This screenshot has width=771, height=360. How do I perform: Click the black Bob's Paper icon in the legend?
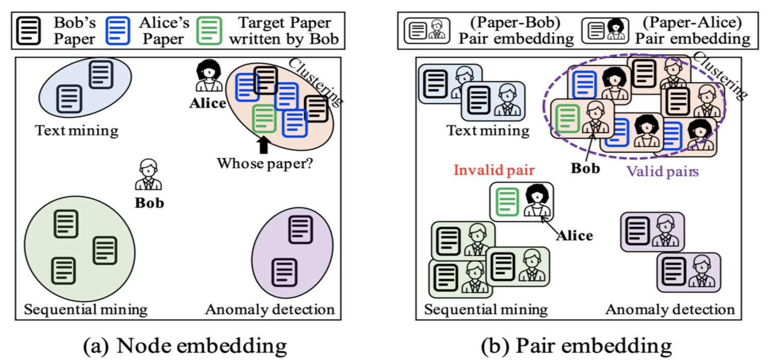pos(29,31)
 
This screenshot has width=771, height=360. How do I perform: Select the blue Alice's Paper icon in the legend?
pos(118,31)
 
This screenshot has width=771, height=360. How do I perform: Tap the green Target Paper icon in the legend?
pos(209,31)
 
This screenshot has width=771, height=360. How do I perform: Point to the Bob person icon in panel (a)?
pos(149,174)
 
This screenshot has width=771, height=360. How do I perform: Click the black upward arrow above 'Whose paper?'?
pos(263,145)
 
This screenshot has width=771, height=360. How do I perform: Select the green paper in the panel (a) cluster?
pos(264,119)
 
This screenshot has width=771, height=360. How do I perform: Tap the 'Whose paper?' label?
pos(265,164)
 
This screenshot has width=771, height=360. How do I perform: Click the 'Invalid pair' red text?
pos(494,170)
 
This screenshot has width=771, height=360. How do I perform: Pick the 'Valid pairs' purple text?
pos(662,171)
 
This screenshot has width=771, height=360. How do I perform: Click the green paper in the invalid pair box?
pos(507,202)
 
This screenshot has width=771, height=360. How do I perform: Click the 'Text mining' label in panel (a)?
pos(77,131)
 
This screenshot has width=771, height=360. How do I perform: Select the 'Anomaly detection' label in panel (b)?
pos(670,310)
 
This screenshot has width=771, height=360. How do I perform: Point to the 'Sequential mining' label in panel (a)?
pos(86,310)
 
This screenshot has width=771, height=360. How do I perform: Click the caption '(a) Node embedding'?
pos(185,346)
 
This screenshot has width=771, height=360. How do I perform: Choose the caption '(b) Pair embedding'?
pos(576,346)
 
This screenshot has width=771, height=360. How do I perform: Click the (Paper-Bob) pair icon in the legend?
pos(427,31)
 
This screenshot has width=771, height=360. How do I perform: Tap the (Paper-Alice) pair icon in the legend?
pos(605,31)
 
